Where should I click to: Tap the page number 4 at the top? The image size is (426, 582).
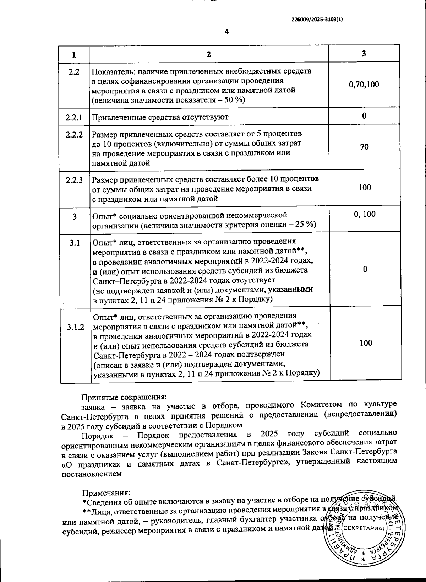[x=227, y=32]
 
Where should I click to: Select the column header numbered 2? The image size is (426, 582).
[x=209, y=54]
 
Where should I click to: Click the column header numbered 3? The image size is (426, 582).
[x=364, y=54]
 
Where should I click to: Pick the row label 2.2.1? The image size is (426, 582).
[x=74, y=117]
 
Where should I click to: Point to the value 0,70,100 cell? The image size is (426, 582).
[x=364, y=85]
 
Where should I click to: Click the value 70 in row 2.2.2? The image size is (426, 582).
[x=364, y=147]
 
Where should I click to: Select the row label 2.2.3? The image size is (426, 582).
[x=74, y=180]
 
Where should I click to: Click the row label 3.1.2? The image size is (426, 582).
[x=76, y=327]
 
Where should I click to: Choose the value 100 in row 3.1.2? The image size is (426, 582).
[x=366, y=343]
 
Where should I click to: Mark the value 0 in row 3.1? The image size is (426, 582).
[x=365, y=269]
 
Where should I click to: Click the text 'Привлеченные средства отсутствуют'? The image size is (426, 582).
[x=160, y=117]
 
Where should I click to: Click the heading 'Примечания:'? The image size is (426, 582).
[x=106, y=493]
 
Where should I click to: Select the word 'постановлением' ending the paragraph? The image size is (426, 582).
[x=92, y=474]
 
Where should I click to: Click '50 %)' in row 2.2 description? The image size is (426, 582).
[x=235, y=100]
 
